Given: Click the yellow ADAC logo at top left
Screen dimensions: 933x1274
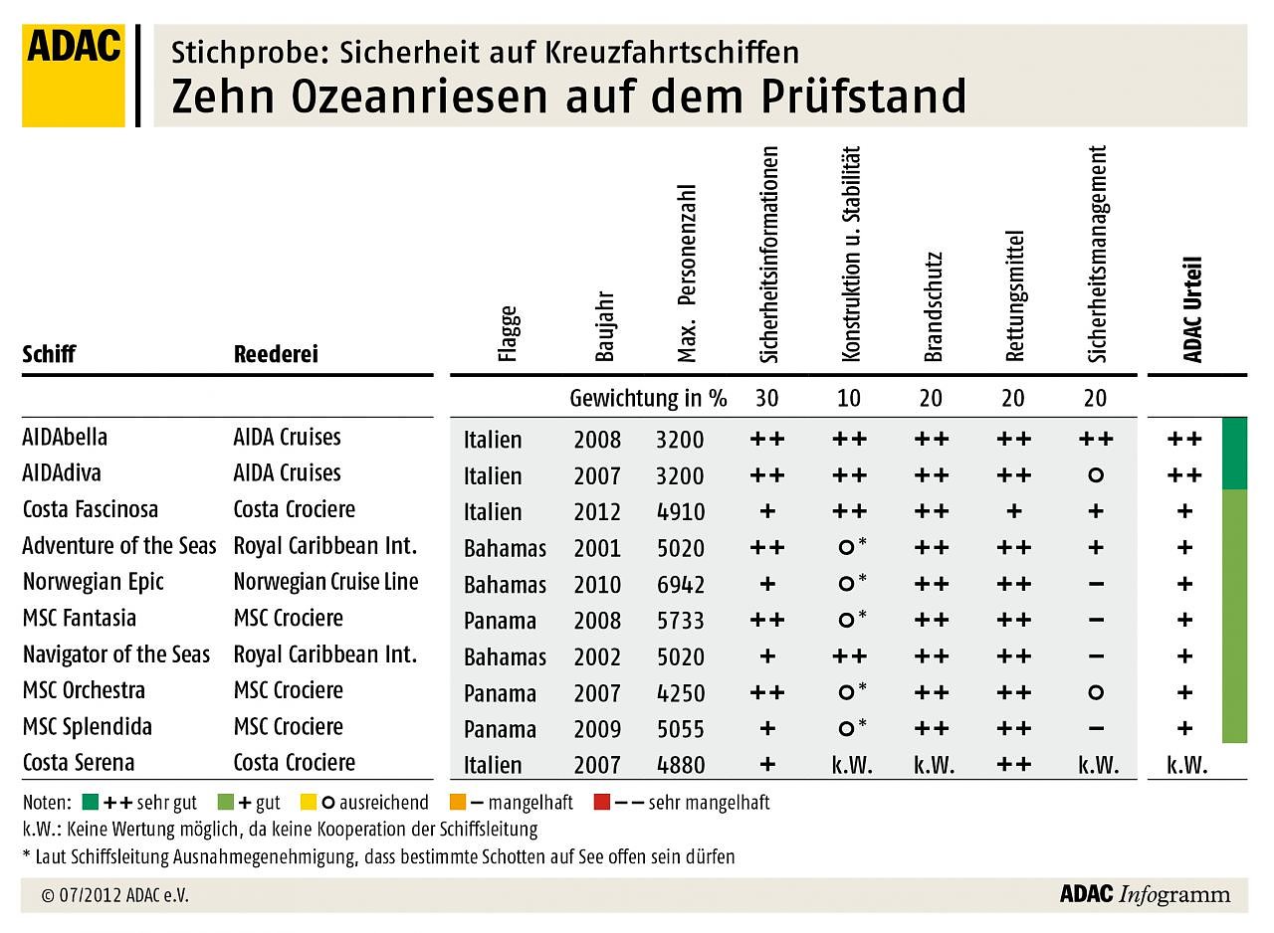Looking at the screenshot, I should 74,76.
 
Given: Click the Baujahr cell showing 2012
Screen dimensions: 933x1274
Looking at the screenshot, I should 597,512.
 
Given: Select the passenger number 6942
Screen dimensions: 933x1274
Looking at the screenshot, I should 680,585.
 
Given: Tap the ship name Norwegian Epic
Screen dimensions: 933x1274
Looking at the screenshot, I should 93,582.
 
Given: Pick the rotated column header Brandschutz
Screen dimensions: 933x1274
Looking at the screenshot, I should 932,306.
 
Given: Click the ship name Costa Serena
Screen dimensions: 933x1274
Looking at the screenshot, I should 78,763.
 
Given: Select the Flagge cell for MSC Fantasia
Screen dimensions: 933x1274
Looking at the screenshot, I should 500,622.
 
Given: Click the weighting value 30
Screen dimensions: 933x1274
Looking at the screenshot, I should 766,399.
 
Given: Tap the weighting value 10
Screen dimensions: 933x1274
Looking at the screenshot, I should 849,399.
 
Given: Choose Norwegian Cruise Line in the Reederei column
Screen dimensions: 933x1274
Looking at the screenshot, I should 326,582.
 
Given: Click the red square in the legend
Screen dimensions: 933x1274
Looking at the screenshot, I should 601,802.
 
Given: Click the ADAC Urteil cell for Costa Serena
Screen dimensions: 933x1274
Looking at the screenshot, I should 1186,766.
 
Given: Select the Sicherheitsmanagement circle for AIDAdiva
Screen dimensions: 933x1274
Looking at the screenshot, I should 1095,475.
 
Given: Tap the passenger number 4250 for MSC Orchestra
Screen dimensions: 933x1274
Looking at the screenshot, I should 680,693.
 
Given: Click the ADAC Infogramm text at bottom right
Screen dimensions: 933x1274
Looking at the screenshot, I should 1145,894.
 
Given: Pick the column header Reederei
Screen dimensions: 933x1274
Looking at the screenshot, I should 276,355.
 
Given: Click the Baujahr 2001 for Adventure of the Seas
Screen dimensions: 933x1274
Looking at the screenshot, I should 597,548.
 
